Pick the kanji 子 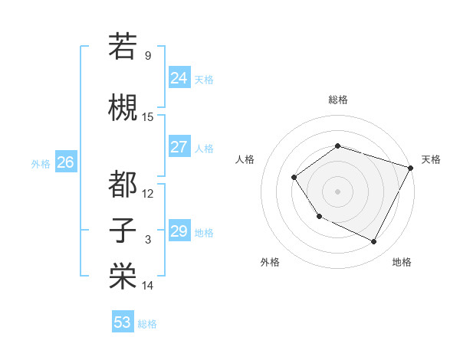point(123,230)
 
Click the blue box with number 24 point(179,77)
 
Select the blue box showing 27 point(179,147)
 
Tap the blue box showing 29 point(179,231)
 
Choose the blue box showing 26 point(65,162)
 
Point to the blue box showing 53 point(122,322)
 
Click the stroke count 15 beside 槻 point(148,117)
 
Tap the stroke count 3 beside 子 point(148,240)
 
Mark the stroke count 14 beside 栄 point(148,286)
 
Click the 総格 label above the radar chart point(338,100)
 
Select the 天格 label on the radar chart point(431,159)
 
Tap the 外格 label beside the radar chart point(270,262)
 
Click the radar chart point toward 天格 point(411,168)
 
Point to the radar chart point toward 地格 point(374,242)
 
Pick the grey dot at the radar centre point(337,191)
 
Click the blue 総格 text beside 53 point(148,324)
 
